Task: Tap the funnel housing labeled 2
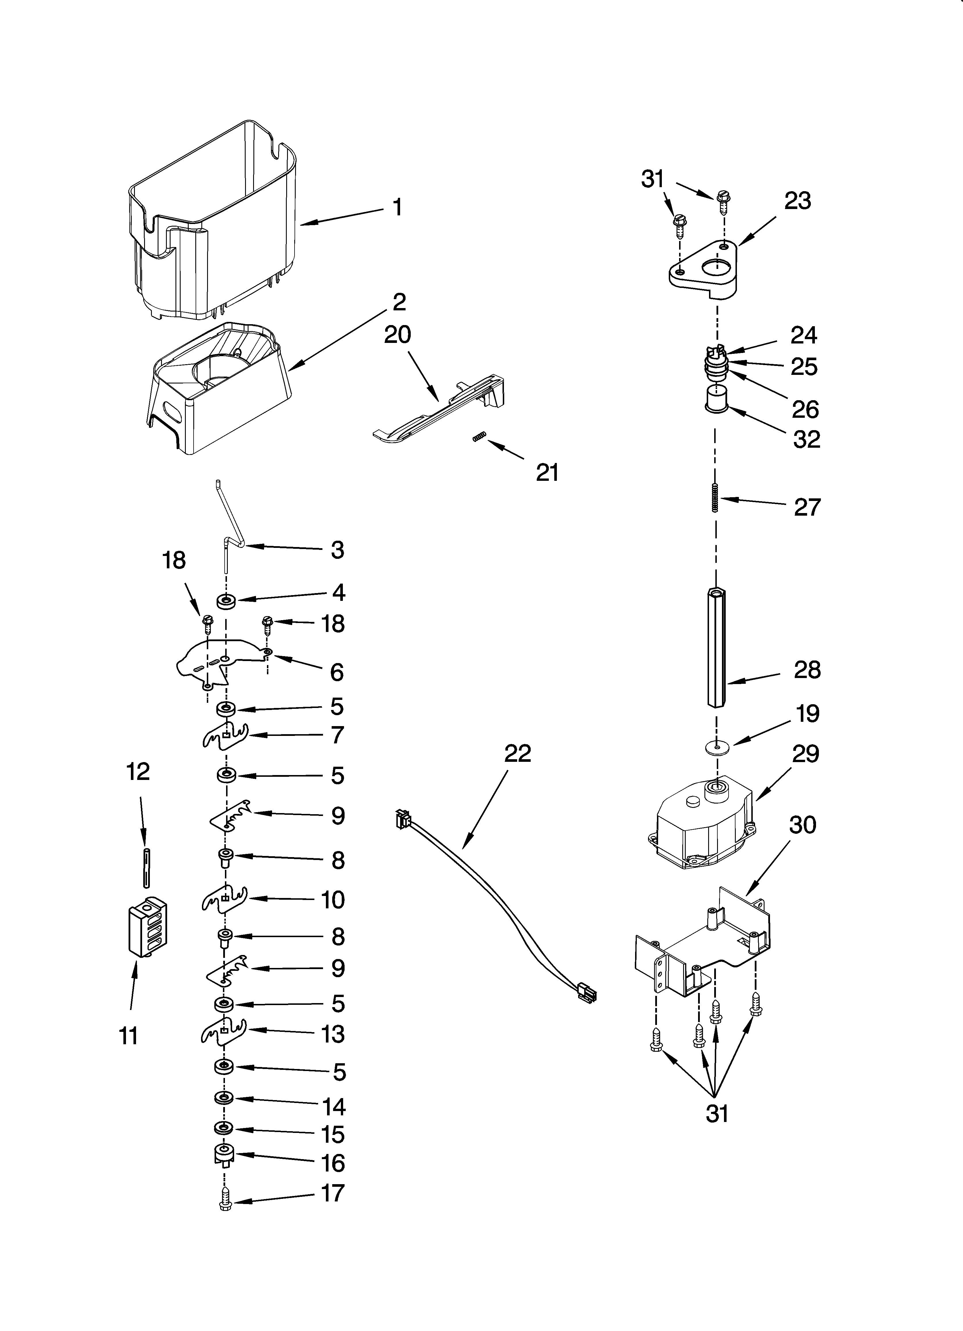(217, 387)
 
